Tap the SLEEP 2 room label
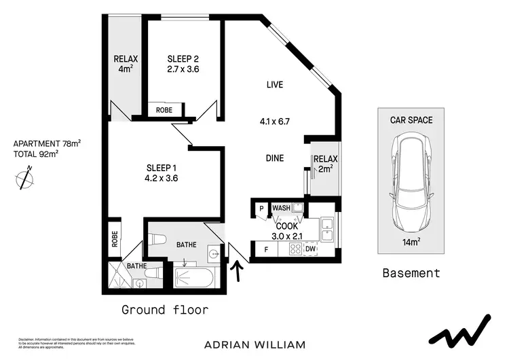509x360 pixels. (x=183, y=58)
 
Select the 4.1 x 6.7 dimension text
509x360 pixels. (x=274, y=123)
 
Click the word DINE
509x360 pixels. (x=274, y=158)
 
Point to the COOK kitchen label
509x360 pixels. (x=286, y=226)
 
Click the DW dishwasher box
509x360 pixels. (x=311, y=250)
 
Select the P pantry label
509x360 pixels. (x=261, y=209)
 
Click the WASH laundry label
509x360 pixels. (x=282, y=208)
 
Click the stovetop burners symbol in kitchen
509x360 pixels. (x=295, y=250)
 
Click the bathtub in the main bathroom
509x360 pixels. (x=195, y=278)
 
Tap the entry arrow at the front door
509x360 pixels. (x=238, y=270)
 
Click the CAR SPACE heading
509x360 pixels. (x=411, y=120)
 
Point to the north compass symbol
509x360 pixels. (x=25, y=180)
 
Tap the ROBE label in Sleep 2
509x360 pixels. (x=164, y=110)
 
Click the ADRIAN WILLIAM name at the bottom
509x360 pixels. (x=254, y=344)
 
